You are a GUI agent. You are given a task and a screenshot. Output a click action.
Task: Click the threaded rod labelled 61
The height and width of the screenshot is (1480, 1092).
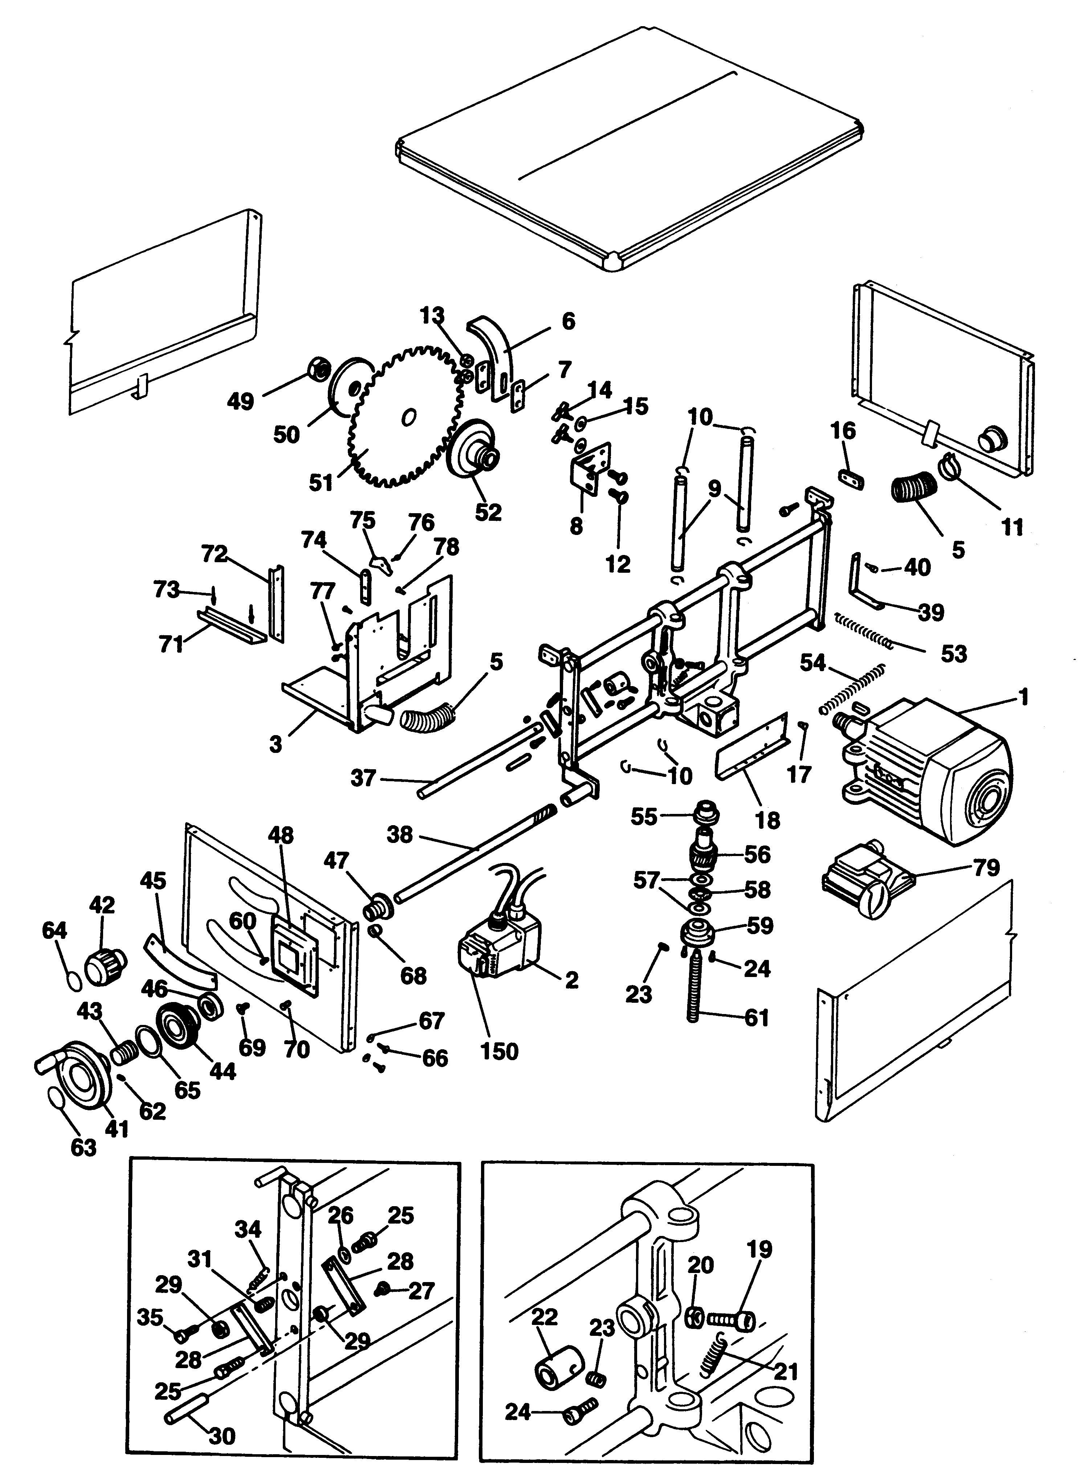pyautogui.click(x=696, y=992)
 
